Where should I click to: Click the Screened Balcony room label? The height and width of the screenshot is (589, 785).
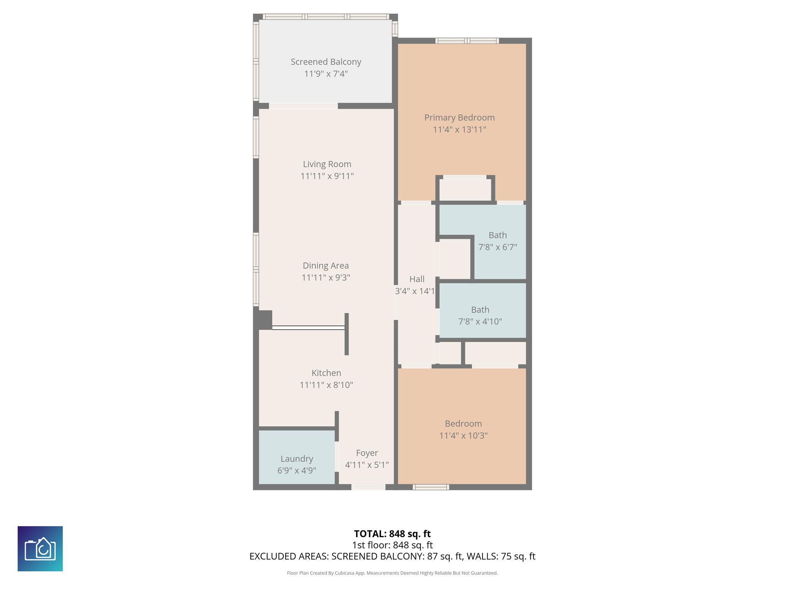(326, 62)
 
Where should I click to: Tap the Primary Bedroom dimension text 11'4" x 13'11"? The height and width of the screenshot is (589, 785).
(459, 130)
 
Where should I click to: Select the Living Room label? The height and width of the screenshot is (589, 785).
(327, 164)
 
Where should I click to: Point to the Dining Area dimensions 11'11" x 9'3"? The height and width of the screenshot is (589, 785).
(326, 278)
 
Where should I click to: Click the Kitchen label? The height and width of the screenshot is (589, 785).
(326, 373)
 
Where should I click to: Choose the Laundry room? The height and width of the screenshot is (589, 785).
(297, 459)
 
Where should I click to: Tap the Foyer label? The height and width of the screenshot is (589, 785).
(367, 453)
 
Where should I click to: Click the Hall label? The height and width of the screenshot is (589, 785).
(417, 279)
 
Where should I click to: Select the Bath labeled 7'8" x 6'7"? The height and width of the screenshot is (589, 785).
(498, 241)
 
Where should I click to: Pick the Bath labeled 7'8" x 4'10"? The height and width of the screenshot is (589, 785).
(480, 315)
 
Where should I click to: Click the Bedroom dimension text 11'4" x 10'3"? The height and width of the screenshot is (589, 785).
(463, 436)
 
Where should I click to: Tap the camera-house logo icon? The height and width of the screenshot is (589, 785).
(40, 548)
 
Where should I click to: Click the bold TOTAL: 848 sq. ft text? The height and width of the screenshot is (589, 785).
(392, 534)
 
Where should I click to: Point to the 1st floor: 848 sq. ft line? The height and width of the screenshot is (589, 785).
(392, 545)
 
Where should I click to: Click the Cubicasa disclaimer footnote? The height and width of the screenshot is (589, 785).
(392, 573)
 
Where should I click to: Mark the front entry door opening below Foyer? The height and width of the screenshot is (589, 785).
(368, 487)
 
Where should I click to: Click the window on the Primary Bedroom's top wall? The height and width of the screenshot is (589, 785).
(467, 41)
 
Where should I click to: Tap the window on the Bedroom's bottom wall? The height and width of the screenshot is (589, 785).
(430, 487)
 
